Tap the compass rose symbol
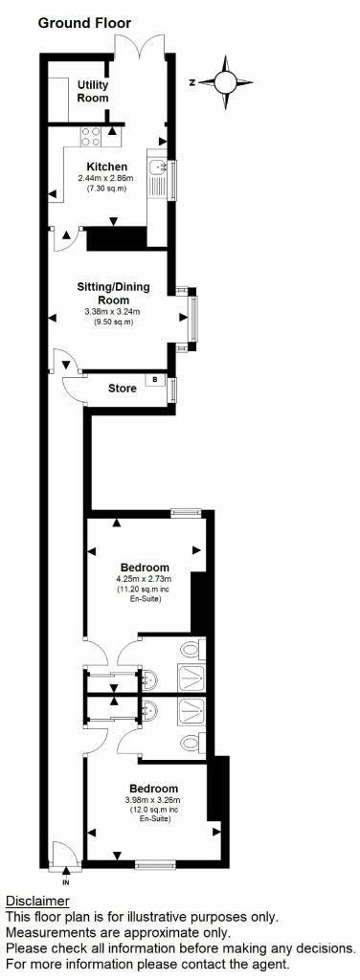pos(227,81)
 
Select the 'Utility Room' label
pos(93,91)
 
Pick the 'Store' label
pos(119,389)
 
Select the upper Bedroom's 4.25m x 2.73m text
pos(144,578)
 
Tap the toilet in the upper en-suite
pos(193,651)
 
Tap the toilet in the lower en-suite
pos(193,742)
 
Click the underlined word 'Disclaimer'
pos(37,902)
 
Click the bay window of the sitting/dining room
pos(193,317)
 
